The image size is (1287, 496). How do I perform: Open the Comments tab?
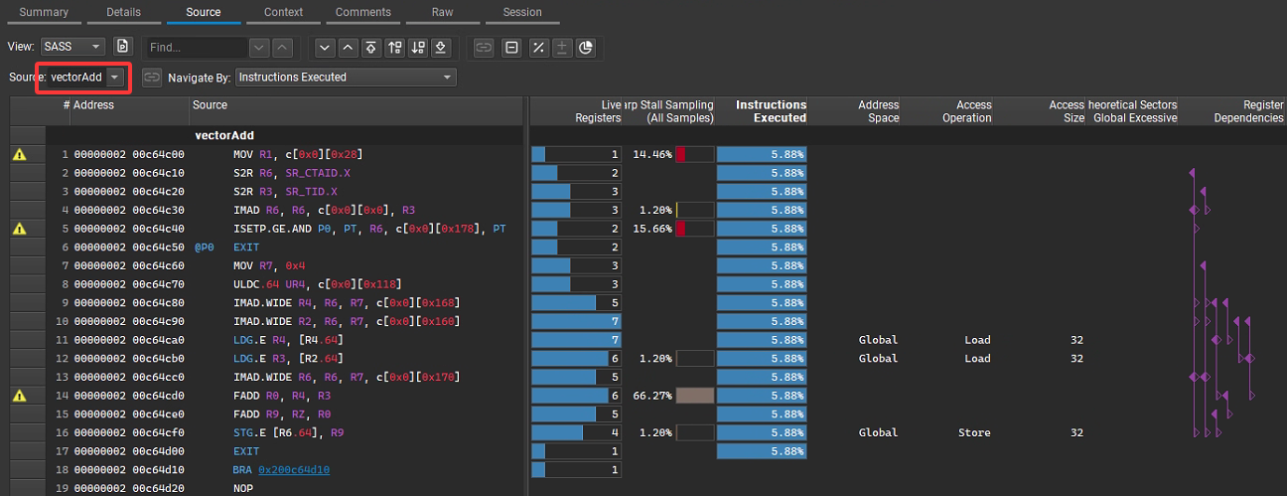click(x=362, y=12)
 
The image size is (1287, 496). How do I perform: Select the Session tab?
click(x=522, y=12)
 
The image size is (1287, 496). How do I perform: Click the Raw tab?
click(x=442, y=12)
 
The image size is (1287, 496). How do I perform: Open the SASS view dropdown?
click(x=72, y=47)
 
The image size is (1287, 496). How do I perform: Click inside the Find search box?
click(x=196, y=47)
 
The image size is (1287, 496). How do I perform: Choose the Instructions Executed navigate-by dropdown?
click(x=346, y=77)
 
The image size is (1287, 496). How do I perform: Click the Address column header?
click(x=93, y=104)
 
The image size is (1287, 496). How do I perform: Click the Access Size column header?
click(x=1067, y=110)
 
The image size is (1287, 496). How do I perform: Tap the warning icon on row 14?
click(x=19, y=396)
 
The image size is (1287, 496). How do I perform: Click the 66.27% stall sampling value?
click(x=652, y=396)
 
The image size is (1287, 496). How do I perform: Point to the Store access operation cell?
click(x=976, y=432)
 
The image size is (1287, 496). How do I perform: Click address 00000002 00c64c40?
click(x=129, y=229)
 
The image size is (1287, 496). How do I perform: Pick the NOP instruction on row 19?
click(x=243, y=488)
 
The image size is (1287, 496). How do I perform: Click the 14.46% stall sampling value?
click(x=652, y=154)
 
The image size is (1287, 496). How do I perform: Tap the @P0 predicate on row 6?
click(x=205, y=247)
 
